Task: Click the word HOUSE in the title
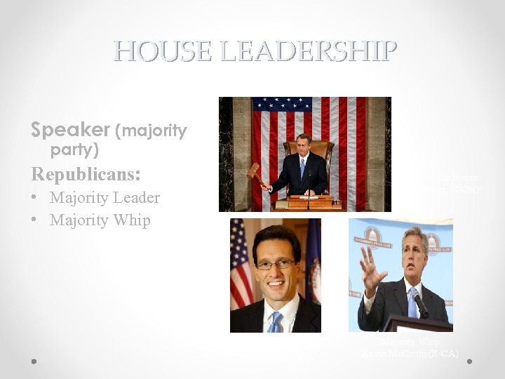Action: [x=157, y=51]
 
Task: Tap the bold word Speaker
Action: [x=70, y=130]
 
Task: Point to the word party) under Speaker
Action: [x=74, y=150]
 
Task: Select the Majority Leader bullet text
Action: [x=105, y=198]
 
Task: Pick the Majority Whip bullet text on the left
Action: [x=100, y=220]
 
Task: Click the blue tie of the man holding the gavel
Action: [x=302, y=168]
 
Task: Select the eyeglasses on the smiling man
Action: [x=275, y=264]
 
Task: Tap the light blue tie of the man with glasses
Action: [x=275, y=322]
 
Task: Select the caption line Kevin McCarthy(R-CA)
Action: [x=410, y=353]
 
